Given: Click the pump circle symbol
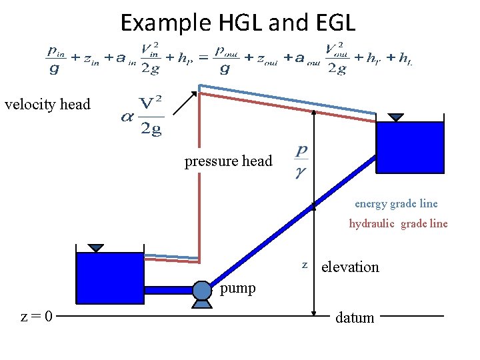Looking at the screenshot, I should pos(202,289).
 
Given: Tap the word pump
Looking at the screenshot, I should pos(237,288).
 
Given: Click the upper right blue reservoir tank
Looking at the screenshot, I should pos(410,147).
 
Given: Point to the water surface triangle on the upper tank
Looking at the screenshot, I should pos(396,117).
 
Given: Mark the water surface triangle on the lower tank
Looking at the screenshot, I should pos(97,247).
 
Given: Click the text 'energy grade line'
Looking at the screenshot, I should pos(396,204).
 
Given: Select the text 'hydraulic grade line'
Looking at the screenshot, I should pos(398,224).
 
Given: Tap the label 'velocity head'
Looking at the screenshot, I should pos(47,104).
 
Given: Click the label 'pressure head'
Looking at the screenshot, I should pos(229,161).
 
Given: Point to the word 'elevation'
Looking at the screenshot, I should pos(350,267).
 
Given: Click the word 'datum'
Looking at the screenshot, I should pos(355,317).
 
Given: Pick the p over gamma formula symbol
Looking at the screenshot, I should pos(301,162).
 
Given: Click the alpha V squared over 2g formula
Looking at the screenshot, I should pos(143,115).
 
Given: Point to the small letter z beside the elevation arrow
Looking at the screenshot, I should pos(305,265).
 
